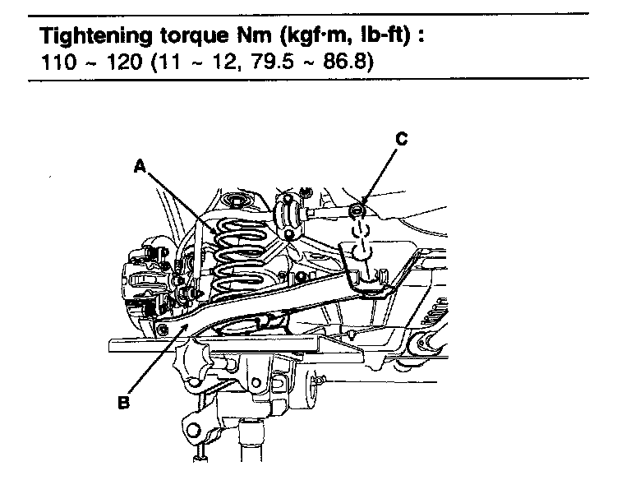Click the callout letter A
point(140,165)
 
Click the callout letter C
point(401,140)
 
